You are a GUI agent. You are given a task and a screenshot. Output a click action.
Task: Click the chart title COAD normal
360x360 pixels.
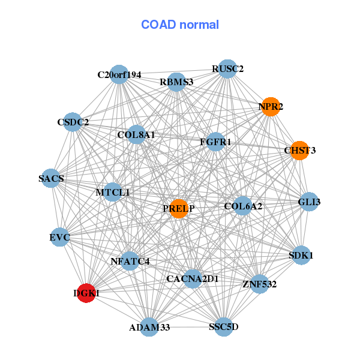180,25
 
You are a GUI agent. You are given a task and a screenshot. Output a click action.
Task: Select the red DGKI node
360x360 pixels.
87,293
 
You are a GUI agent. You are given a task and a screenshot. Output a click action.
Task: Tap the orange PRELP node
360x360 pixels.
179,209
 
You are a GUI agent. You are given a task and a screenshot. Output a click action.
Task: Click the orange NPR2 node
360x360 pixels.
271,107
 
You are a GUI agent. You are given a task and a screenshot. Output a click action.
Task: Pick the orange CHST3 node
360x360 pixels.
299,150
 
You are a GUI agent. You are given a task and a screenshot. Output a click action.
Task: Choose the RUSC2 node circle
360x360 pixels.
227,69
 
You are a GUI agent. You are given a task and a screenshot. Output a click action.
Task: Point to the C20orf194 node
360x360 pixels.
119,74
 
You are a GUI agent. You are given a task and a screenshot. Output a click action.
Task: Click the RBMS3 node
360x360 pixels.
176,82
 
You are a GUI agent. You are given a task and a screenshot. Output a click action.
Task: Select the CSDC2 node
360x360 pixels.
72,122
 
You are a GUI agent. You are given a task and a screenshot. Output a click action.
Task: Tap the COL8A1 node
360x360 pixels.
136,135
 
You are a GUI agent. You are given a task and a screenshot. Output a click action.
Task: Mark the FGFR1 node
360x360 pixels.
215,142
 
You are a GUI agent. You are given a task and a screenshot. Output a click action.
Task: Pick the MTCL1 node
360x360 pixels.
112,193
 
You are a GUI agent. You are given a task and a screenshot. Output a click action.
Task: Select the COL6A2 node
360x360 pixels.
242,206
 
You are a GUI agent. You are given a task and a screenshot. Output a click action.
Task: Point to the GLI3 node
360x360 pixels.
309,202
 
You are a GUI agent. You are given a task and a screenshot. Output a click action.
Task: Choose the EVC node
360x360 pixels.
60,238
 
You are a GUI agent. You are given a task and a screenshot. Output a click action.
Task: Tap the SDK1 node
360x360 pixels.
301,255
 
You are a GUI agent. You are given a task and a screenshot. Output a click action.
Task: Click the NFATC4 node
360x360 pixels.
130,261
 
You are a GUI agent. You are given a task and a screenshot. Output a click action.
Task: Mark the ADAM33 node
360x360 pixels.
149,327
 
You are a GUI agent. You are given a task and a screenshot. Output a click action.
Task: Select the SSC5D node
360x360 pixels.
223,327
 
